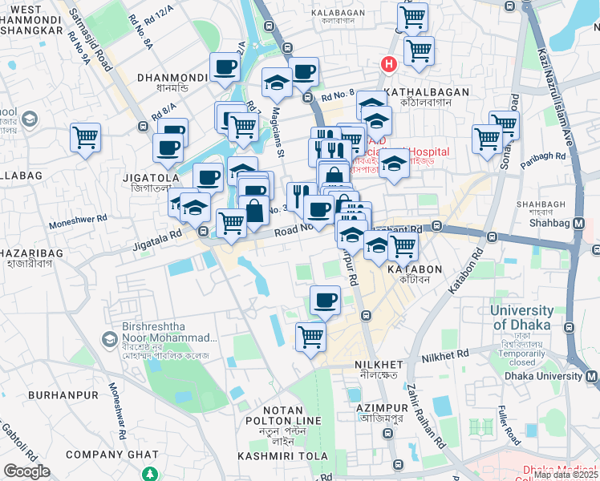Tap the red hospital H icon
tap(389, 63)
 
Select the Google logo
tap(26, 471)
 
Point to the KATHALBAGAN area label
tap(426, 92)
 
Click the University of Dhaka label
tap(533, 318)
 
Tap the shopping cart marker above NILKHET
tap(310, 337)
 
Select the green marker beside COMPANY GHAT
tap(147, 455)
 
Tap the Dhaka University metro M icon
tap(592, 376)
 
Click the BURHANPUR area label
tap(63, 394)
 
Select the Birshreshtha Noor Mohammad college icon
tap(108, 340)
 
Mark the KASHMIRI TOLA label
tap(283, 455)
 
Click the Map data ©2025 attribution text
tap(566, 475)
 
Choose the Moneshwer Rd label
tap(79, 217)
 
